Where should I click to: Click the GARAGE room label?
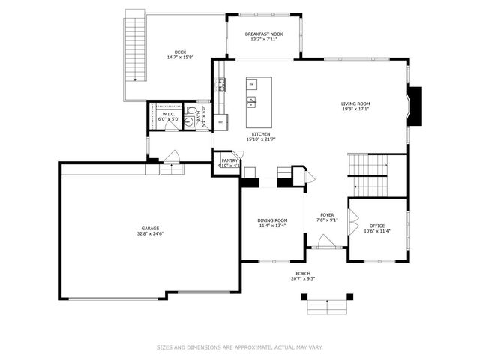click(x=150, y=229)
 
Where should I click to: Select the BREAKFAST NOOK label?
click(x=263, y=34)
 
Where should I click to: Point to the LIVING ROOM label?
click(x=355, y=104)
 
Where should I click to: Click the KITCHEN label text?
click(x=261, y=134)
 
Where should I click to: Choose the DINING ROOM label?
click(x=271, y=220)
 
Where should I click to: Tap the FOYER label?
click(x=327, y=215)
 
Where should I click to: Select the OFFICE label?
click(x=376, y=226)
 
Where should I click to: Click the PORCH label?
click(x=303, y=273)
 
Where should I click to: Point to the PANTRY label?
click(x=229, y=160)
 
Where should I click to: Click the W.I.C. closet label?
click(x=168, y=114)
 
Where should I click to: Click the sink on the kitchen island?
click(x=252, y=100)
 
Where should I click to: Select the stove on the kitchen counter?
click(x=222, y=85)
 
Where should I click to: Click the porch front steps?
click(x=328, y=305)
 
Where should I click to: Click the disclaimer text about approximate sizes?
click(x=240, y=346)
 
